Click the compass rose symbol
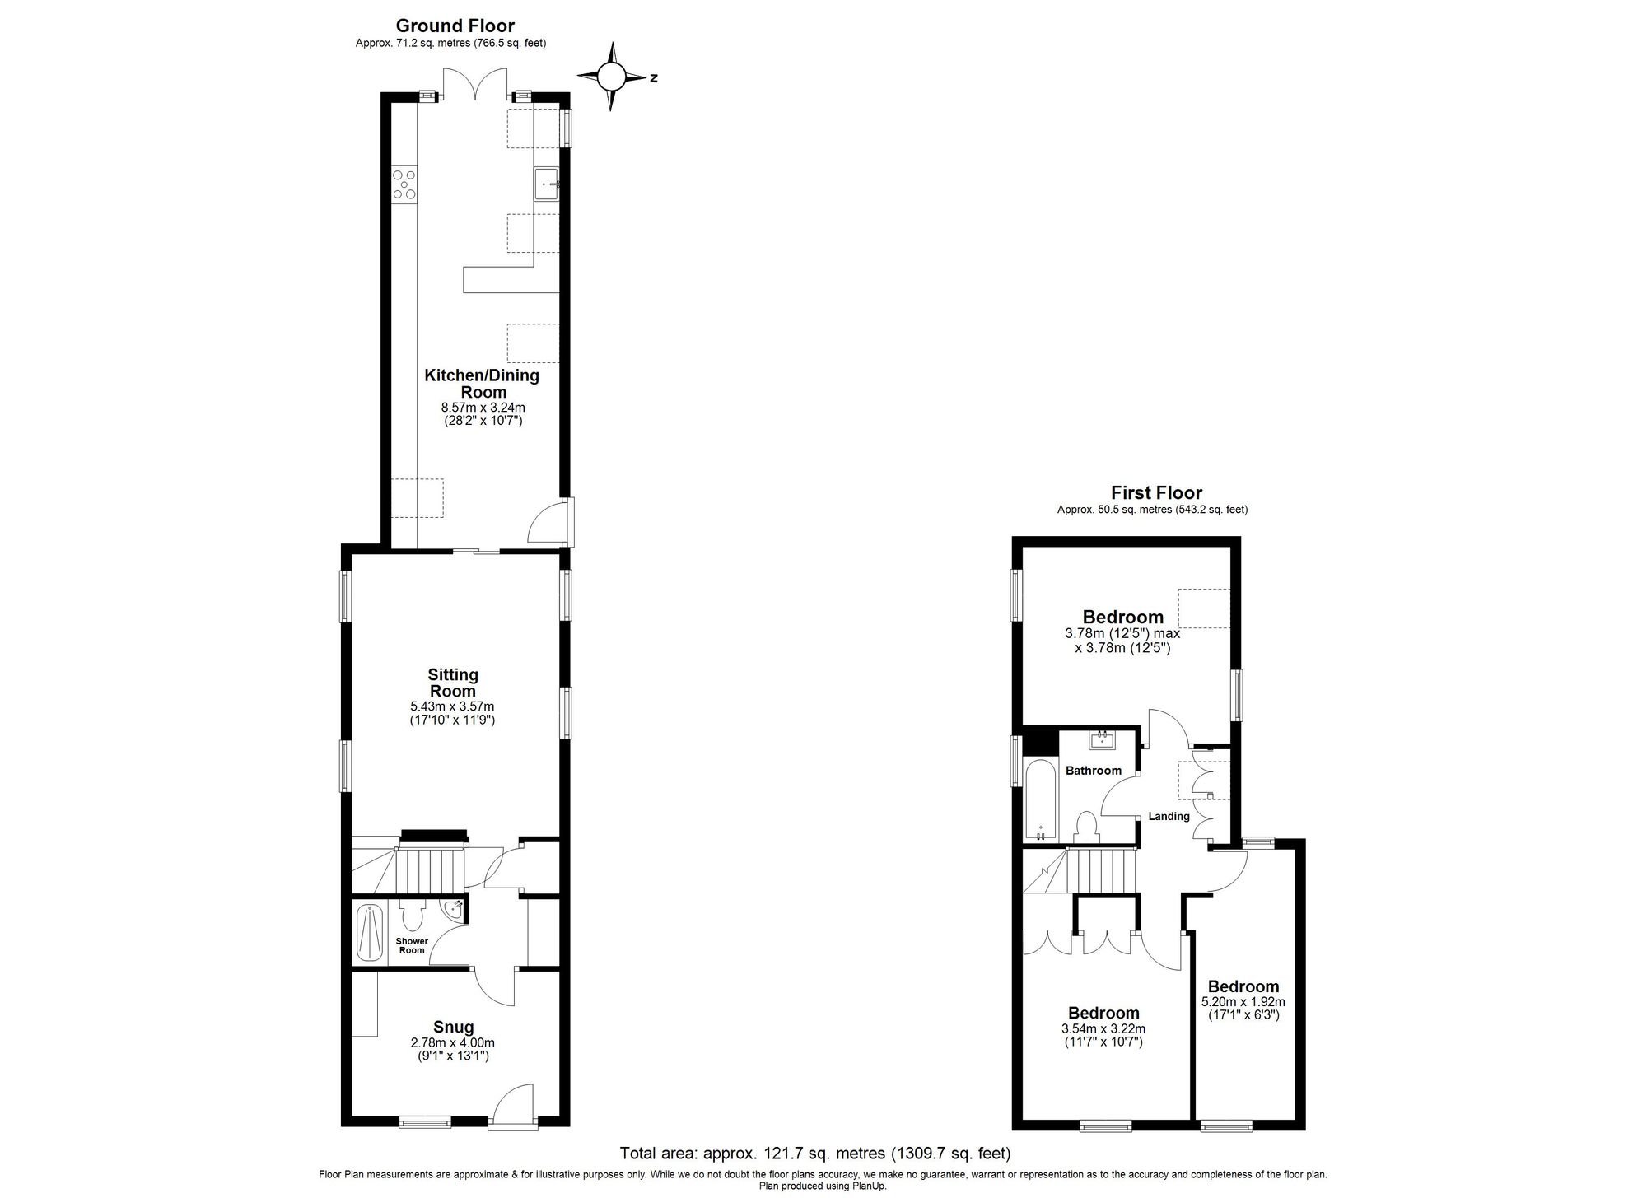(611, 77)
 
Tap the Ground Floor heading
(455, 26)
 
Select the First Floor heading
(1156, 493)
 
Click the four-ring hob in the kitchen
(404, 184)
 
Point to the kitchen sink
(546, 184)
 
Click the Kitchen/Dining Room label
(483, 384)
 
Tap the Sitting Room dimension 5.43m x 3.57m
(452, 706)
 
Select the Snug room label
(454, 1027)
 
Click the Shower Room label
(412, 945)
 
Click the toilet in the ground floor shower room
(411, 915)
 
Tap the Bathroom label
(1094, 771)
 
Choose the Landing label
(1169, 816)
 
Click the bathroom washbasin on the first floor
(1102, 740)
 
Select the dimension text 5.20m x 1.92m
(1243, 1002)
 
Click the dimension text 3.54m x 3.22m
(1103, 1028)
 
